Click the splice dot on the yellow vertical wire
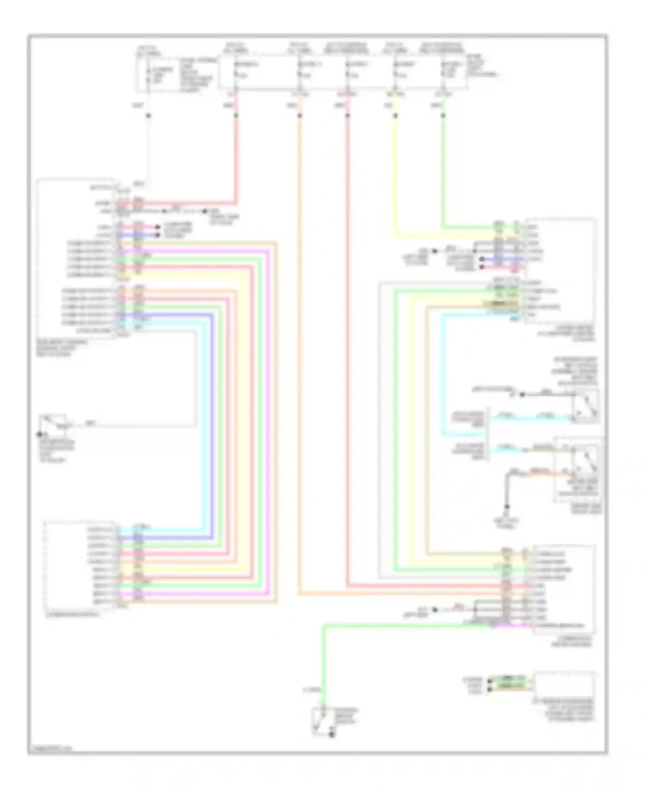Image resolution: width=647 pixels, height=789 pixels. (395, 116)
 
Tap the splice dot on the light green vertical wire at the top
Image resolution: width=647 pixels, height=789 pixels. (443, 116)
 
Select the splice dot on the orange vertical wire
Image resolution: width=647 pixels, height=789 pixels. (299, 116)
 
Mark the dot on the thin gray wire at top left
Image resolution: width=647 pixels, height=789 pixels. (148, 116)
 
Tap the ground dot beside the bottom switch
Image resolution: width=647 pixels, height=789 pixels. (332, 734)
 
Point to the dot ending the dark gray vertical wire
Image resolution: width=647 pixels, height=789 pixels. (507, 507)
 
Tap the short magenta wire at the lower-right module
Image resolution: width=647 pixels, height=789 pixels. (513, 625)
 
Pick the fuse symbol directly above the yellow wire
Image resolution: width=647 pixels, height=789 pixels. (395, 71)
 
